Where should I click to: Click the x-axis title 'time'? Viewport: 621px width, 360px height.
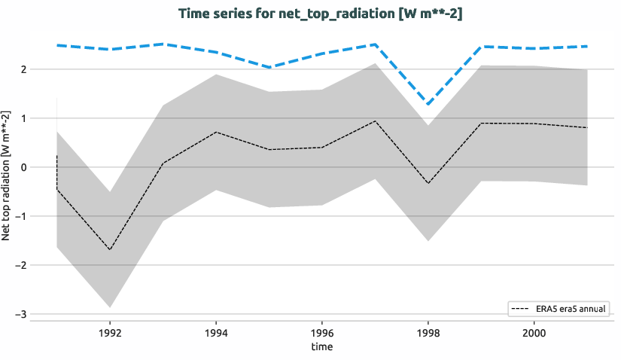pos(321,346)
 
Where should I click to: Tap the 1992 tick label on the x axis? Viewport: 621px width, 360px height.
pos(110,331)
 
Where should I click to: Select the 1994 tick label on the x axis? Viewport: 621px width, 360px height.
pos(216,331)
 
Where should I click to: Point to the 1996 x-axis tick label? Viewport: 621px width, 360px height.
pos(322,331)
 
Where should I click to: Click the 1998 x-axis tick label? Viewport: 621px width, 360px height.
pos(428,331)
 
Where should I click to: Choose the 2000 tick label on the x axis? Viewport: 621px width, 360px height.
pos(534,331)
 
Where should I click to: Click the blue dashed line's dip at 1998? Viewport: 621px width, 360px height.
pos(428,104)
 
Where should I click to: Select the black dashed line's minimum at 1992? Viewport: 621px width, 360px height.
pos(110,249)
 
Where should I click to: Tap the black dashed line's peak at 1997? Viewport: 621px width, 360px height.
pos(375,121)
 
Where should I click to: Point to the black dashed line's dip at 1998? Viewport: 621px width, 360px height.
pos(428,183)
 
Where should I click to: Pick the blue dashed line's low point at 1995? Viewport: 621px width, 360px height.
pos(269,68)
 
